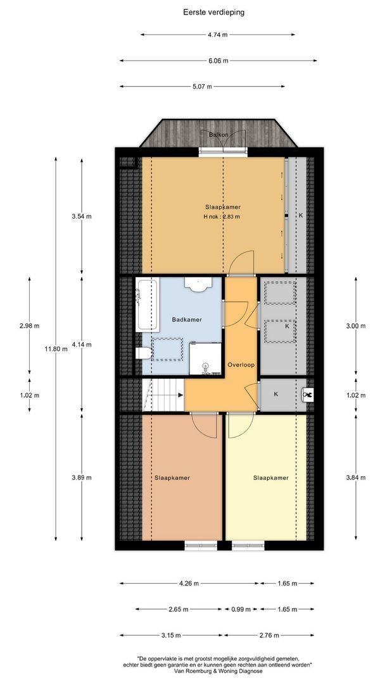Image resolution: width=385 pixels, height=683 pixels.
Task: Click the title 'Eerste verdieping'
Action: coord(213,12)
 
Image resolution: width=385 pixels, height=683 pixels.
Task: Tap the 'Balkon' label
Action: coord(218,135)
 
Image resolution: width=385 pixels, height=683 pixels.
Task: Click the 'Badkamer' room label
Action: coord(187,320)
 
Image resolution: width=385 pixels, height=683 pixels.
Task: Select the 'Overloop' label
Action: coord(241,365)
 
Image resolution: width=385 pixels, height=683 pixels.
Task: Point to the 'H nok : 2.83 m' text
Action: coord(222,216)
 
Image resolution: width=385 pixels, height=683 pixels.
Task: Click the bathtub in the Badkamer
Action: coord(146,305)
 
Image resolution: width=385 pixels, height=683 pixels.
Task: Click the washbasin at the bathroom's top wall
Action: coord(198,283)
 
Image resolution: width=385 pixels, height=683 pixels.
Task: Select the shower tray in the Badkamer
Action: coord(205,359)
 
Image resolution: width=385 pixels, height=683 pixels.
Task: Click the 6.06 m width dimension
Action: coord(218,61)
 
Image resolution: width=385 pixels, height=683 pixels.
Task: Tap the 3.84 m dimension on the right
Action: coord(356,477)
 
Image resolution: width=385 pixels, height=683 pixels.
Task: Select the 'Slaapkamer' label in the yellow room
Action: coord(271,478)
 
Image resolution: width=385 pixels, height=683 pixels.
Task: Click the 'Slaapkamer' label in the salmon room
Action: coord(172,478)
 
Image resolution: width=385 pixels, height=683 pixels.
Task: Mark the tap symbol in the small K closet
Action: coord(308,395)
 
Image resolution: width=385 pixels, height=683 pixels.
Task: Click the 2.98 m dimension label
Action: coord(29,326)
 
